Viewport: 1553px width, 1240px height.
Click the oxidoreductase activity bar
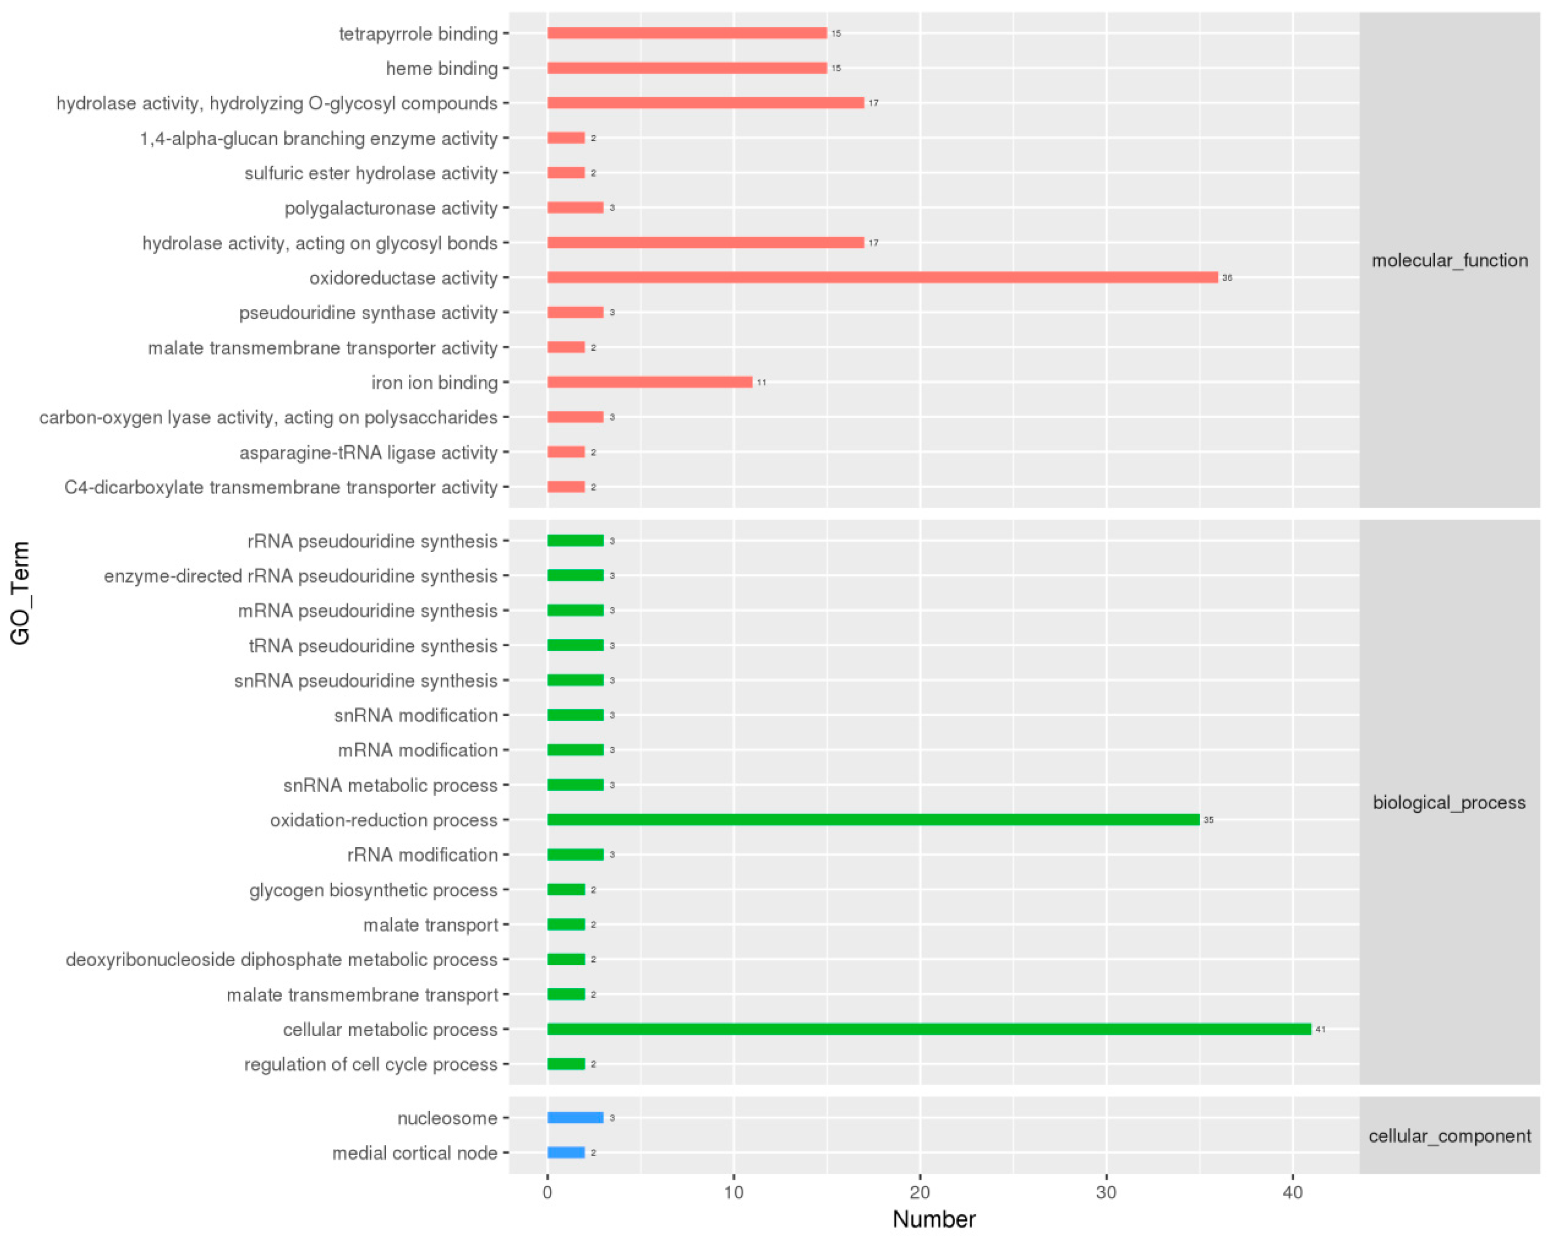point(882,277)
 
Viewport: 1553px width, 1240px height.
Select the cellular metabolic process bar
point(929,1029)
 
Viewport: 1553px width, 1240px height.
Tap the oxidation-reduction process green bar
point(873,820)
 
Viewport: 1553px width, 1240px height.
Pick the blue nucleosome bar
point(575,1118)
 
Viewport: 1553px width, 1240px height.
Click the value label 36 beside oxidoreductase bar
point(1227,278)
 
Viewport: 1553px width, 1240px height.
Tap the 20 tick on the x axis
point(920,1192)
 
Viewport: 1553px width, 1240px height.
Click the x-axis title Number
point(934,1219)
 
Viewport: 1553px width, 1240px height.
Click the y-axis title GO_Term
point(20,592)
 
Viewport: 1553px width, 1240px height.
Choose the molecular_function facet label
point(1449,260)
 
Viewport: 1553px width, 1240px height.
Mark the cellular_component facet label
point(1449,1136)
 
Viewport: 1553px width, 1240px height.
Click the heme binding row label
point(441,69)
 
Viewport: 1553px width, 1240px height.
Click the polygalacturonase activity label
point(390,208)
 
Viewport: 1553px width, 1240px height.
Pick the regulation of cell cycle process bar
point(566,1064)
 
